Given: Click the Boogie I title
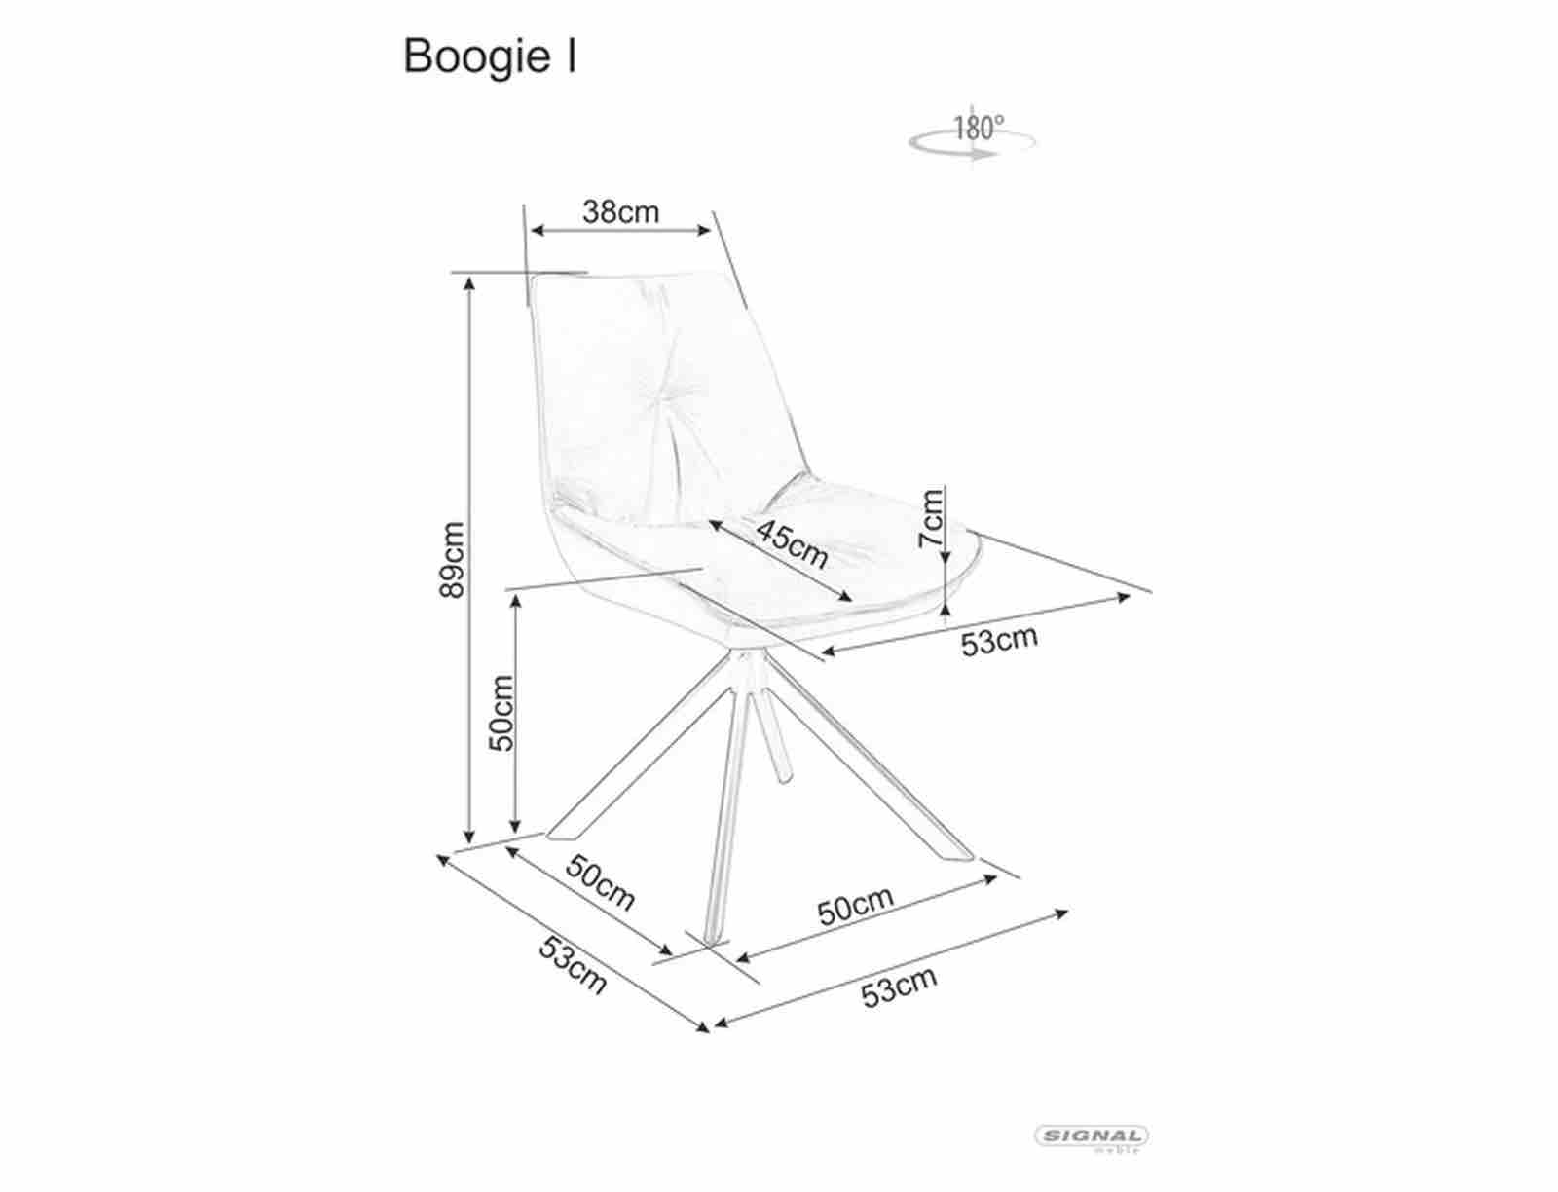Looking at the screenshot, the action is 490,57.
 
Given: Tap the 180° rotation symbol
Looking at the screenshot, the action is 972,136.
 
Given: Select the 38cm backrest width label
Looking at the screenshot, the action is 620,211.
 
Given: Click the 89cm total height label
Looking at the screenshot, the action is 452,560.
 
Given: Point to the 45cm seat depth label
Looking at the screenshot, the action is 792,543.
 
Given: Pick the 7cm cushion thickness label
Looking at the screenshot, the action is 931,517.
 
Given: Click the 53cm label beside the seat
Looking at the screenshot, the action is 999,641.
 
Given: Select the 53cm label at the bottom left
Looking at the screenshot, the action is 573,965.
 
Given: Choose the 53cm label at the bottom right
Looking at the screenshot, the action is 899,987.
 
